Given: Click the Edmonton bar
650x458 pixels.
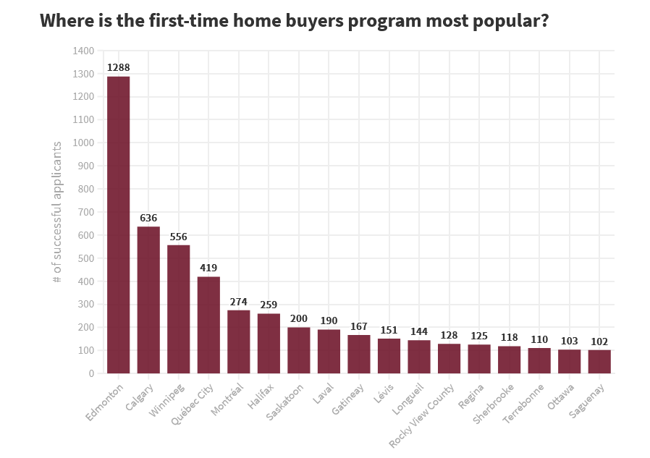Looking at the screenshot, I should pyautogui.click(x=118, y=225).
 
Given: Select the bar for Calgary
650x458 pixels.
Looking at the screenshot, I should pyautogui.click(x=148, y=300).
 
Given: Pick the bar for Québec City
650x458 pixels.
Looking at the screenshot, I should pyautogui.click(x=208, y=325).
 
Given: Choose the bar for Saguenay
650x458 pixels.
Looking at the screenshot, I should pyautogui.click(x=599, y=362).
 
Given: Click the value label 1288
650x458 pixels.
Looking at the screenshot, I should pyautogui.click(x=118, y=68).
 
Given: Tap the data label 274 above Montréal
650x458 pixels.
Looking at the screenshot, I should pyautogui.click(x=239, y=302).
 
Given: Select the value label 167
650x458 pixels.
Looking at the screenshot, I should pyautogui.click(x=359, y=326).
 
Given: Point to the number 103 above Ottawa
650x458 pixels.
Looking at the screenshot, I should pyautogui.click(x=569, y=341).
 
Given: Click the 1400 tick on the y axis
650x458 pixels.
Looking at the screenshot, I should pyautogui.click(x=84, y=51).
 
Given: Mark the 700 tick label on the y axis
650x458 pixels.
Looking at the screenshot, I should pyautogui.click(x=86, y=212).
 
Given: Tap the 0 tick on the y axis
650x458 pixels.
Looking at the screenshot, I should pyautogui.click(x=91, y=373).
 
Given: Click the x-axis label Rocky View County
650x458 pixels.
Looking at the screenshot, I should pyautogui.click(x=423, y=415).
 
